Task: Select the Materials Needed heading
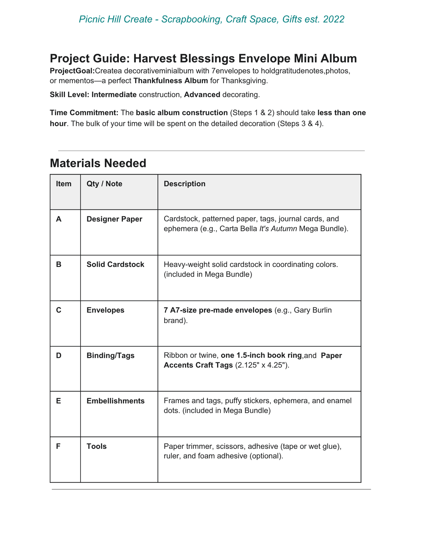[x=98, y=163]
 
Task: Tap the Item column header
[x=64, y=184]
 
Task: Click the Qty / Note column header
[x=104, y=184]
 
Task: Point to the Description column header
[x=184, y=184]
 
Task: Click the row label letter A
[x=59, y=219]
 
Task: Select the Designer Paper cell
[x=114, y=219]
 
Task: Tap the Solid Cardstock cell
[x=115, y=265]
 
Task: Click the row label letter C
[x=59, y=310]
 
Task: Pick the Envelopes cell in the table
[x=105, y=310]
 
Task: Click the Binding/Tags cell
[x=110, y=356]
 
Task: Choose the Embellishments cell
[x=115, y=401]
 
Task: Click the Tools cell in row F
[x=97, y=446]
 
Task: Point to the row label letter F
[x=58, y=446]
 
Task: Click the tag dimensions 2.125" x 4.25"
[x=262, y=365]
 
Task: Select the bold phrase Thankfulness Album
[x=170, y=81]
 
